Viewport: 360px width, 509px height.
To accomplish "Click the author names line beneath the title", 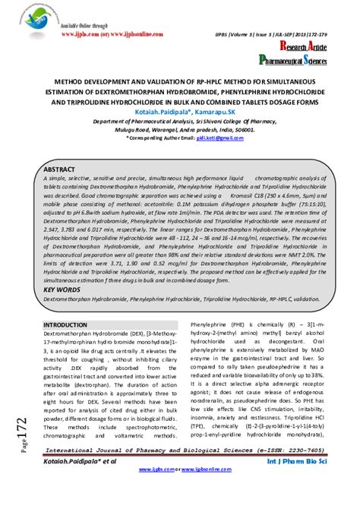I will pyautogui.click(x=180, y=110).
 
